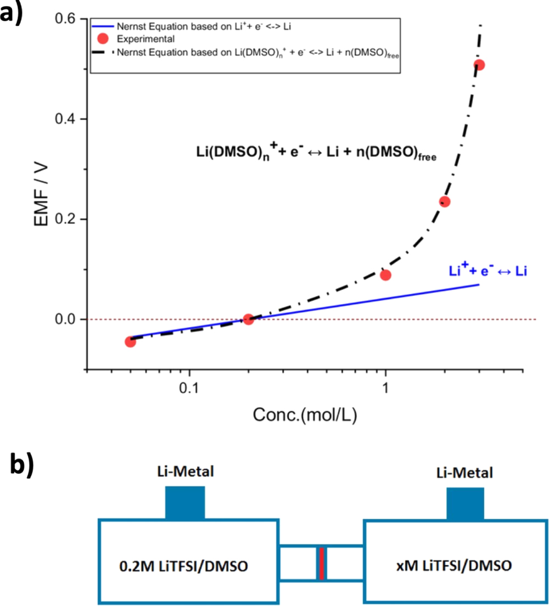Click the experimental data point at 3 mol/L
[x=479, y=65]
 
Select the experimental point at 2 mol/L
[x=445, y=201]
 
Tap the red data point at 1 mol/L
[x=385, y=275]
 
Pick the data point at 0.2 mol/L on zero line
[x=248, y=319]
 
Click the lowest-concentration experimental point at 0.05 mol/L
[x=130, y=341]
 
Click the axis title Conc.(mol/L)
[x=305, y=416]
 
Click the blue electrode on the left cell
[x=185, y=502]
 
